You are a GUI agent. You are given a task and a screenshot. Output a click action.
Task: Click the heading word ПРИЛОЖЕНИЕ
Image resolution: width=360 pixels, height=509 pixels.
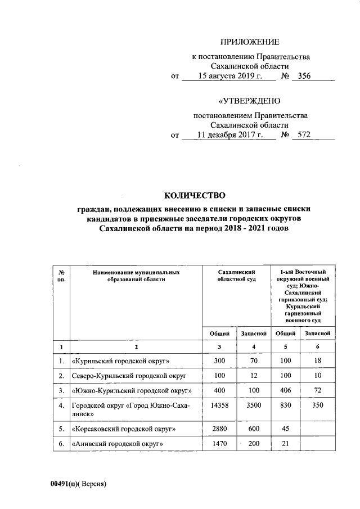249,42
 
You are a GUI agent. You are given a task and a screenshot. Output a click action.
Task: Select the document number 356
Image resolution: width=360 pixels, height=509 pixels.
304,76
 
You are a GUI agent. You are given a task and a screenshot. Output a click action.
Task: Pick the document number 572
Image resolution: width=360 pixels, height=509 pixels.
304,135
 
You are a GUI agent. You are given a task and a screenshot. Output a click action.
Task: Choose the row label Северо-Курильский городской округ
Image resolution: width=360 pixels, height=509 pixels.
129,375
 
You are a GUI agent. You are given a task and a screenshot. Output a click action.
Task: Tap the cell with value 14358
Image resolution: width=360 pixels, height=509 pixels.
219,404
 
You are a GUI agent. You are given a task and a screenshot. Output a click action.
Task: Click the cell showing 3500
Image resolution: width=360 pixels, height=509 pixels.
253,404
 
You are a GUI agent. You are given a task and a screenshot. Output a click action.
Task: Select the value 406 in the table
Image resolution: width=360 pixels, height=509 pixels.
285,389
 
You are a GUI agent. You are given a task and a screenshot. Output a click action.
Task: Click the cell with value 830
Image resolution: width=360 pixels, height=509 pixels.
285,404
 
